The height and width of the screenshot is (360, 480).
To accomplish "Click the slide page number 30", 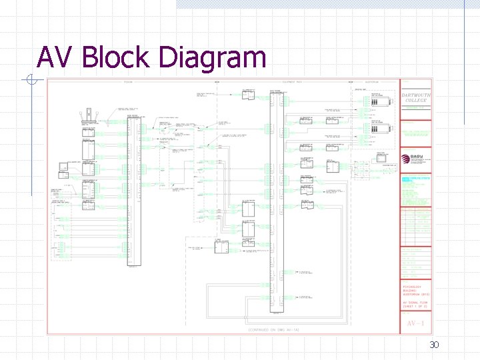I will click(434, 345).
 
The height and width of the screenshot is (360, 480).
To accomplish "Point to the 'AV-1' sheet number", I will click(416, 324).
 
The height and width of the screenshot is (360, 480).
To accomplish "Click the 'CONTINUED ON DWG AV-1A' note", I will click(275, 329).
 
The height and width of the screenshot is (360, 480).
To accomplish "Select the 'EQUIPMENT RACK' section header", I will click(293, 82).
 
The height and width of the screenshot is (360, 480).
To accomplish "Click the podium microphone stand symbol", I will click(87, 116).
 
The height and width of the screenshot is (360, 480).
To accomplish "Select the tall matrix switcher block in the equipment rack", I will click(273, 200).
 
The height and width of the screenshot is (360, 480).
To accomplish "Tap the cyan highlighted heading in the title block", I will click(415, 179).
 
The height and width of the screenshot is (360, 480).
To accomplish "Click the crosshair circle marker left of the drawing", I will click(31, 81).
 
